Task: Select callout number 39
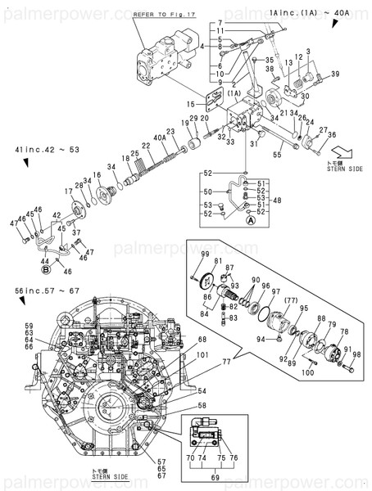click(335, 74)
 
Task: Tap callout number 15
click(190, 104)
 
